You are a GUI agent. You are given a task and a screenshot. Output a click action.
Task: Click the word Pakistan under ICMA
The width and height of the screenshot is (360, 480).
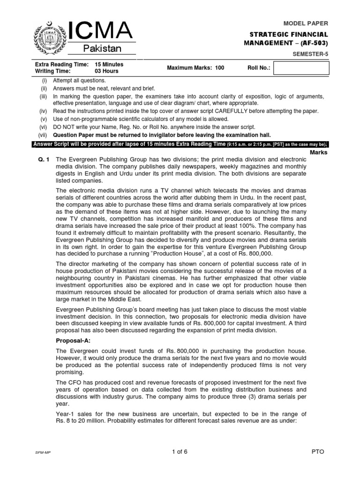(102, 49)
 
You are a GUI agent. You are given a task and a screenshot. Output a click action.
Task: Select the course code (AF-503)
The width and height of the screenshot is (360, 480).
(311, 43)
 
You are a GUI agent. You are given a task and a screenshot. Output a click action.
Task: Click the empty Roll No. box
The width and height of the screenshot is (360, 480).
(301, 68)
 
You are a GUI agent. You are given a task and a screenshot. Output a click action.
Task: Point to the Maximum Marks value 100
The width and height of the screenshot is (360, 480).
(220, 68)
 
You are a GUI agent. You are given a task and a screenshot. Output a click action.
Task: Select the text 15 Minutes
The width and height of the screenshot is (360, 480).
(109, 64)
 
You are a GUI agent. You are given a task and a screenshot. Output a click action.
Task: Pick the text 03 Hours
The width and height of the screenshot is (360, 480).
(106, 71)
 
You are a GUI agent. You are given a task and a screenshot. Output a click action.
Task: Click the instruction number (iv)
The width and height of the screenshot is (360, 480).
(43, 111)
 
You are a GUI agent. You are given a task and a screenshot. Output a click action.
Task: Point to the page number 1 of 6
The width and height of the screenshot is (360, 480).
(180, 451)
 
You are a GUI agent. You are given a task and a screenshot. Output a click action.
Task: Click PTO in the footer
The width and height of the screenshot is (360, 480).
(317, 451)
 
